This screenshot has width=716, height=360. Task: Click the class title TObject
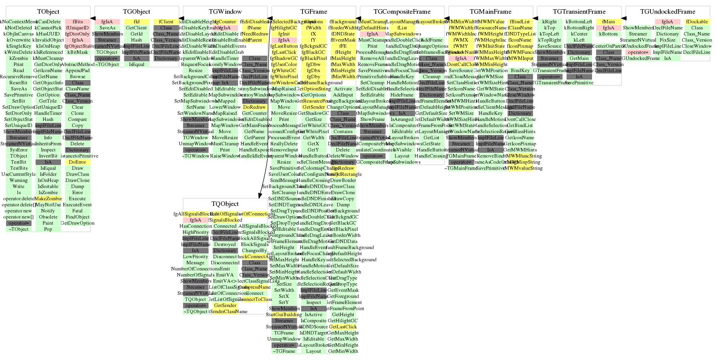coord(48,12)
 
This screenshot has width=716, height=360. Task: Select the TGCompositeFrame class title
coord(402,12)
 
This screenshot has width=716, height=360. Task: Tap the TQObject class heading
coord(225,204)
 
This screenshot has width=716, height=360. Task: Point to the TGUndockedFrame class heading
coord(668,12)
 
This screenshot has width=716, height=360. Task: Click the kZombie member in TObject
coord(19,58)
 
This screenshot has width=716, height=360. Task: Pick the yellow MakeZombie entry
coord(48,199)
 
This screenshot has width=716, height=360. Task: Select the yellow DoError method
coord(77,162)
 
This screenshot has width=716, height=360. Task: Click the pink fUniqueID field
coord(77,28)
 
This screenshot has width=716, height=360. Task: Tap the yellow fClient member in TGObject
coord(166,22)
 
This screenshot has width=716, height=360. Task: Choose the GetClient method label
coord(137,28)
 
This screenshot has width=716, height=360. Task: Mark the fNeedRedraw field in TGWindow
coord(254,34)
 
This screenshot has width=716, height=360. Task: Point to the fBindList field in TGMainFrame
coord(520,22)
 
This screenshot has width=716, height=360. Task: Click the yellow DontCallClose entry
coord(461,64)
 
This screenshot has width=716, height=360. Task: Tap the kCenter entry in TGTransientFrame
coord(579,34)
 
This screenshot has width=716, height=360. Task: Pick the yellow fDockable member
coord(697,22)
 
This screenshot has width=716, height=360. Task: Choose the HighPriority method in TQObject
coord(196,232)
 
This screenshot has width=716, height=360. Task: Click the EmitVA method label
coord(225,275)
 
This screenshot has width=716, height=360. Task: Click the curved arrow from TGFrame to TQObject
coord(265,114)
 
